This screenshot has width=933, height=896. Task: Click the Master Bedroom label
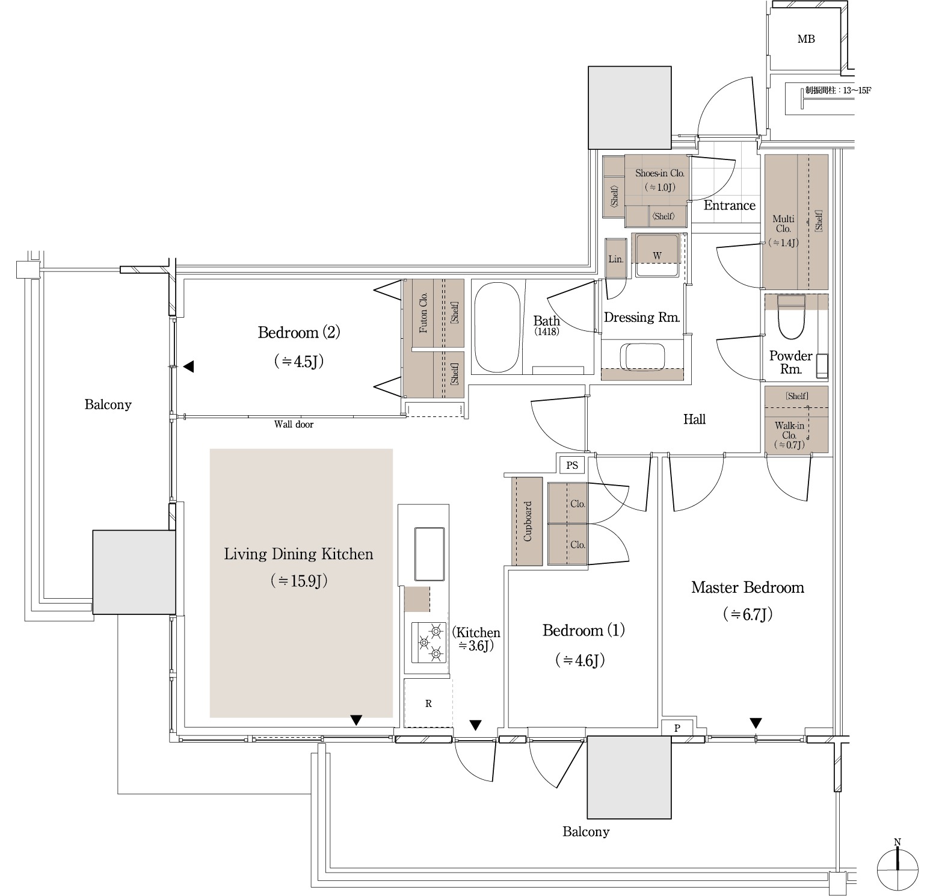pyautogui.click(x=747, y=587)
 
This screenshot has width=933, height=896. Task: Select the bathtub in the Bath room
pyautogui.click(x=497, y=327)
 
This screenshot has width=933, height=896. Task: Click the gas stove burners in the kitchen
pyautogui.click(x=429, y=642)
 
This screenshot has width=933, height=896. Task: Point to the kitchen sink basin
pyautogui.click(x=429, y=554)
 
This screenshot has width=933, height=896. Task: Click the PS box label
pyautogui.click(x=572, y=465)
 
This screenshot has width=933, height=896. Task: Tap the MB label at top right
pyautogui.click(x=806, y=39)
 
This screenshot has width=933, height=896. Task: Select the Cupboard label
pyautogui.click(x=528, y=521)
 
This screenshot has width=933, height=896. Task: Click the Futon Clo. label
pyautogui.click(x=423, y=313)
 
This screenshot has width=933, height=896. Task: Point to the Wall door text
pyautogui.click(x=294, y=424)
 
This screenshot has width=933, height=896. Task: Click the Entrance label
pyautogui.click(x=730, y=205)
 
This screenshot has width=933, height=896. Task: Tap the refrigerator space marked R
pyautogui.click(x=428, y=703)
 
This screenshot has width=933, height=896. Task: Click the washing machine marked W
pyautogui.click(x=657, y=256)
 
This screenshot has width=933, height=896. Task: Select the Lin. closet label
pyautogui.click(x=616, y=259)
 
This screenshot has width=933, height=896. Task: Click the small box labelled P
pyautogui.click(x=677, y=728)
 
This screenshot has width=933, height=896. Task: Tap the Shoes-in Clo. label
pyautogui.click(x=660, y=173)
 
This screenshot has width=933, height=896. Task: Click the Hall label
pyautogui.click(x=694, y=419)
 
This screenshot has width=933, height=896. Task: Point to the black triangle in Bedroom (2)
pyautogui.click(x=189, y=366)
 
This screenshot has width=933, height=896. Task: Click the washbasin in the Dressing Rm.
pyautogui.click(x=642, y=356)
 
